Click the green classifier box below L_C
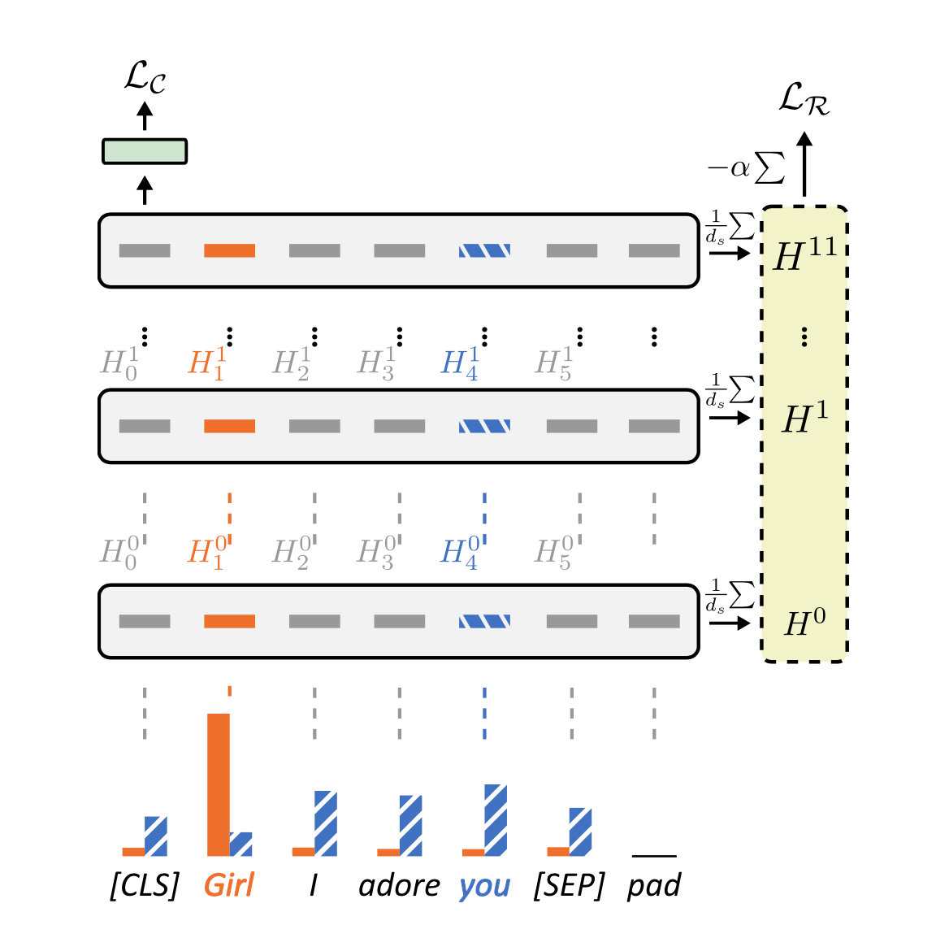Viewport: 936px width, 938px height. coord(145,151)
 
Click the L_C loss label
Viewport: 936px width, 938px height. coord(145,79)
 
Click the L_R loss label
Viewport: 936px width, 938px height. coord(804,100)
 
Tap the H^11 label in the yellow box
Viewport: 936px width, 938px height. coord(804,254)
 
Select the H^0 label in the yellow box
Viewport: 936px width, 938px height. coord(804,623)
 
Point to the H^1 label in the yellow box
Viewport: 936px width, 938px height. coord(804,419)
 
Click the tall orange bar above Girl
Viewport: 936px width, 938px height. coord(219,784)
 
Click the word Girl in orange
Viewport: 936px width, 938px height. coord(228,885)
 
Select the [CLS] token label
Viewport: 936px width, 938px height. coord(145,885)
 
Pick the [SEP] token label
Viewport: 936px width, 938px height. coord(570,885)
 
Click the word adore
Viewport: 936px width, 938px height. coord(399,885)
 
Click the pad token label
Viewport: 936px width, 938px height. coord(653,885)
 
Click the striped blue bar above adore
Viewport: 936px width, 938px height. coord(410,825)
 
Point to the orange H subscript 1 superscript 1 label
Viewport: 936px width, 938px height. coord(207,363)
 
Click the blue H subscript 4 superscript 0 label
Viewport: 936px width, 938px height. coord(459,552)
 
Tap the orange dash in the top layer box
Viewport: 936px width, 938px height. coord(229,250)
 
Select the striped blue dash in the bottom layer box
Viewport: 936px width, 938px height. coord(484,622)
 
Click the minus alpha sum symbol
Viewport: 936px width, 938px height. coord(746,168)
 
